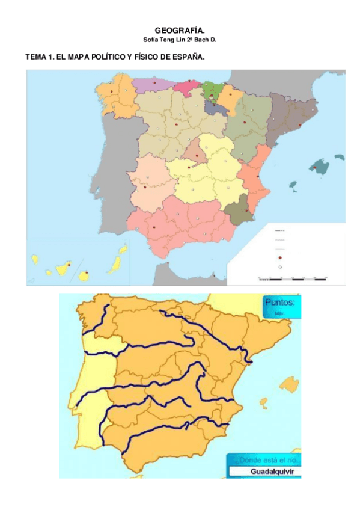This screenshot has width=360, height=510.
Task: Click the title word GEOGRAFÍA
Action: tap(180, 30)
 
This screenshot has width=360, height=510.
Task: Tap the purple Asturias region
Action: tap(153, 84)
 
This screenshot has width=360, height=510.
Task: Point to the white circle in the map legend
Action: tap(280, 266)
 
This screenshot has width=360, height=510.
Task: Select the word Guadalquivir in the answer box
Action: tap(264, 472)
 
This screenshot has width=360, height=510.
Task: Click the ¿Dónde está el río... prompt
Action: tap(263, 459)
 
